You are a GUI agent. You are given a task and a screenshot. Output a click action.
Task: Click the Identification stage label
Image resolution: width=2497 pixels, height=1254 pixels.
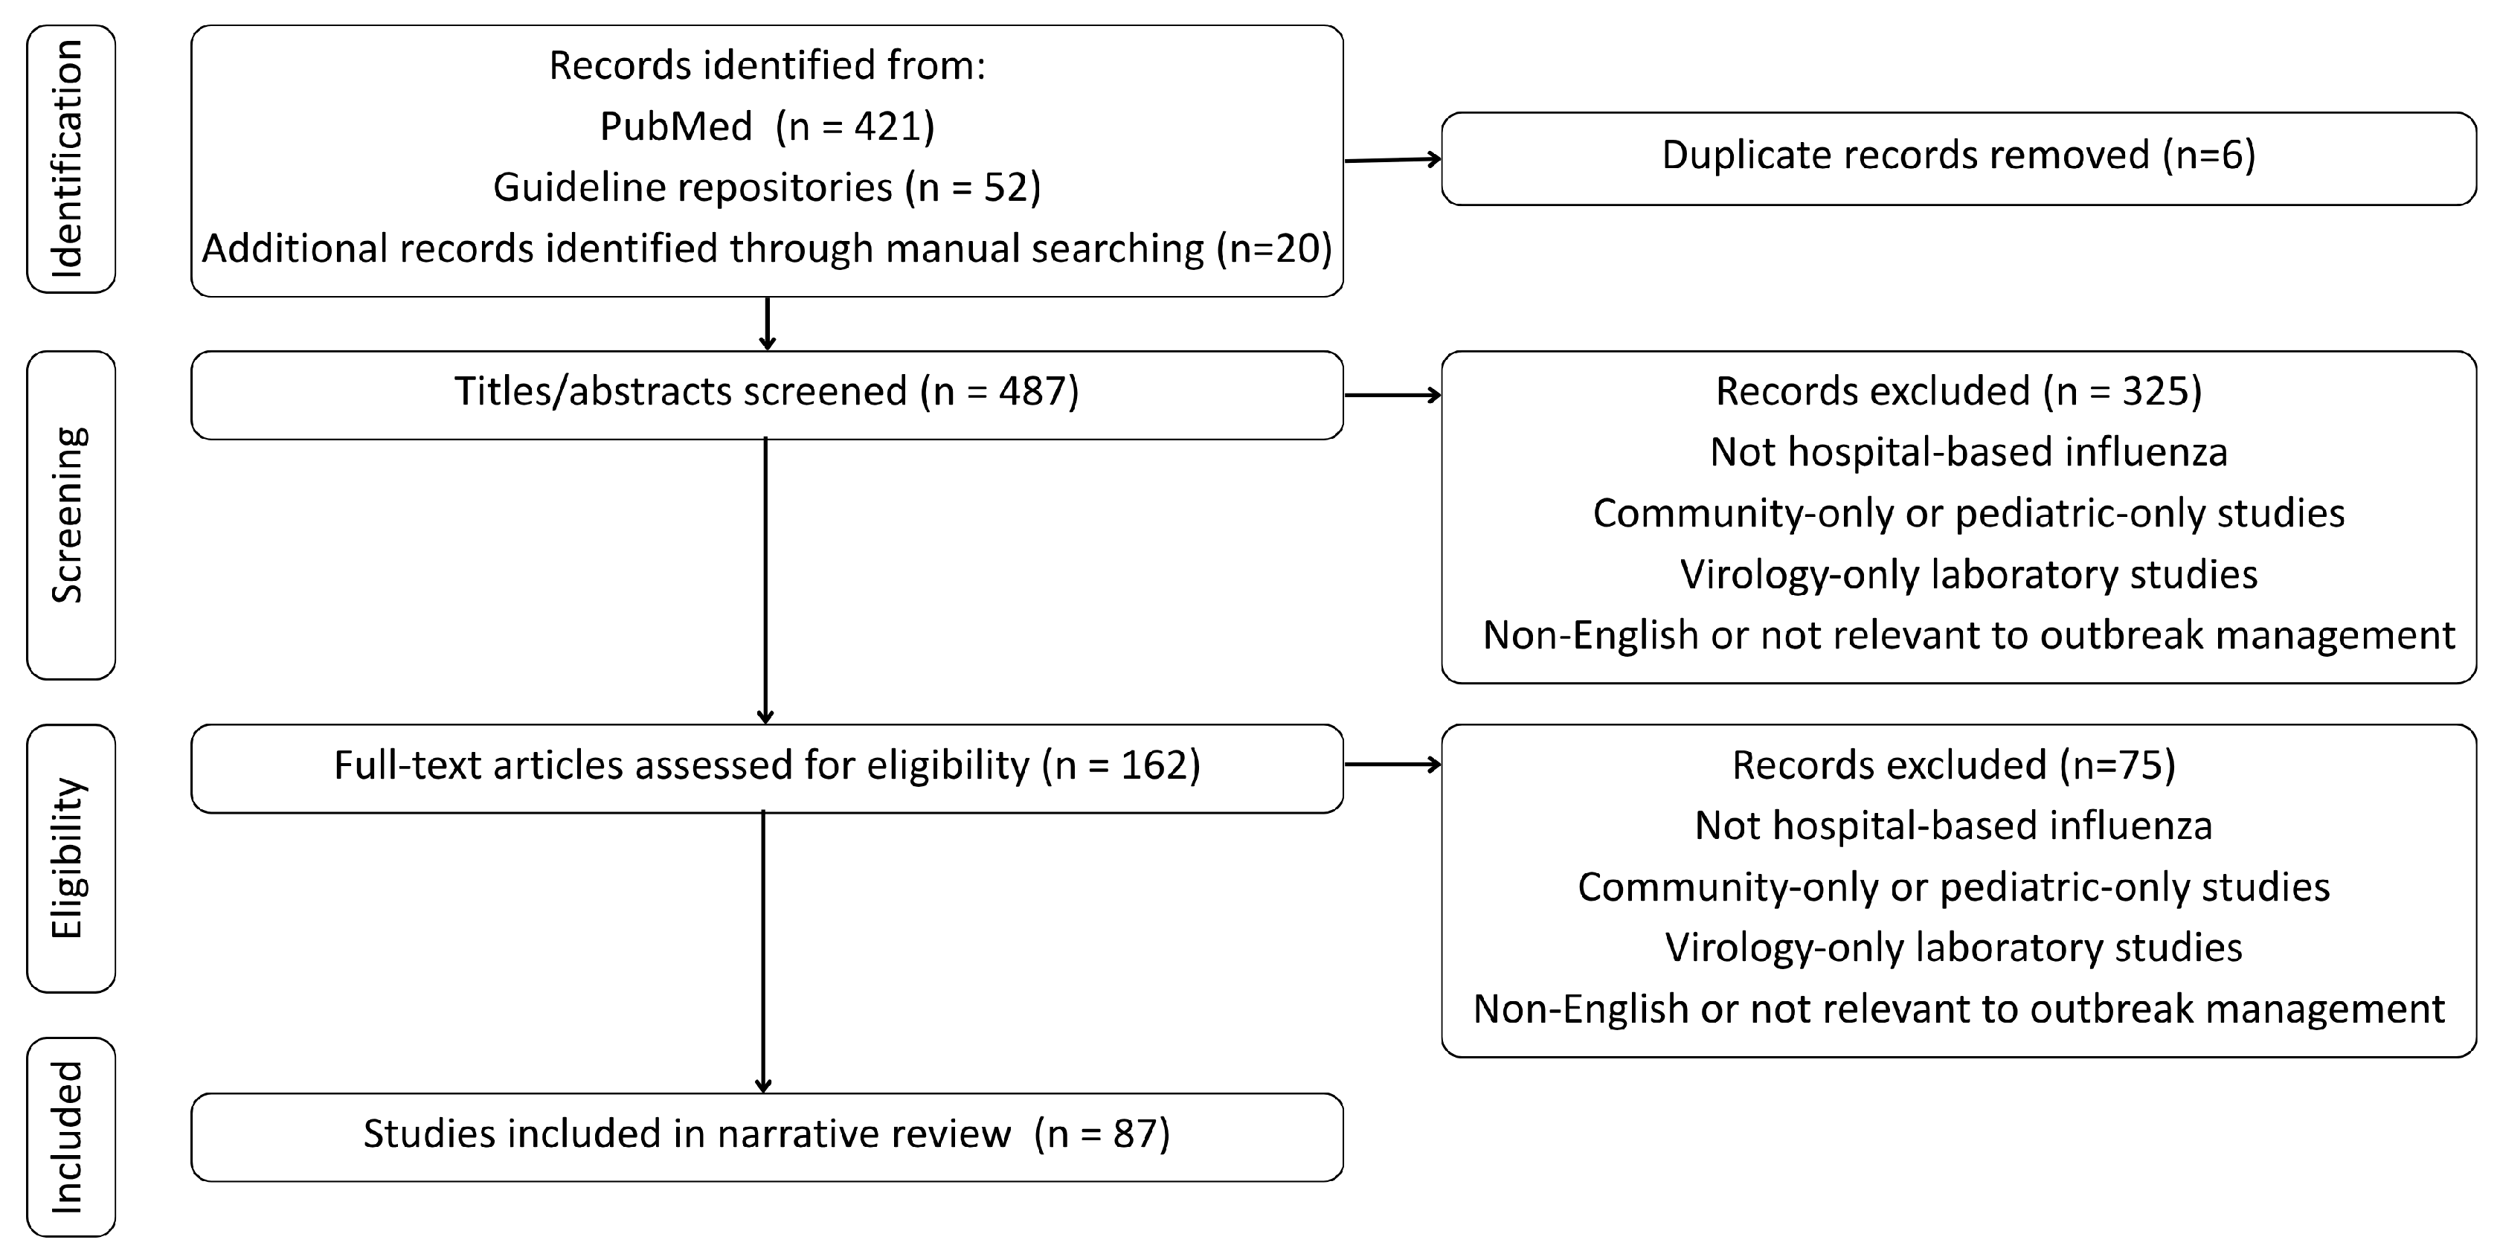[70, 159]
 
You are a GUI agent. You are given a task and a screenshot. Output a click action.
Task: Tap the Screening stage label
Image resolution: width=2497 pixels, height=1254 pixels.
[70, 515]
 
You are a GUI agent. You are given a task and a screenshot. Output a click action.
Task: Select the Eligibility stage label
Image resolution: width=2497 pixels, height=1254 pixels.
[70, 858]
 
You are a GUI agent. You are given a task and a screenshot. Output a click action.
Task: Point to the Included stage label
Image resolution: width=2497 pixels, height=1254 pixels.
[70, 1136]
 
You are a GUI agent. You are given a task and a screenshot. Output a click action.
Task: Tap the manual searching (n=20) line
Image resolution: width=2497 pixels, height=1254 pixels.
[767, 249]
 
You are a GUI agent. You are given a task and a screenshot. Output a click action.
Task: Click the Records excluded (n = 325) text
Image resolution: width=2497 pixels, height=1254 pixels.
[1958, 391]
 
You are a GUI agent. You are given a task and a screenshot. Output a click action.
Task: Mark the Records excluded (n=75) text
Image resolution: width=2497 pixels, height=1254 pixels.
[1953, 765]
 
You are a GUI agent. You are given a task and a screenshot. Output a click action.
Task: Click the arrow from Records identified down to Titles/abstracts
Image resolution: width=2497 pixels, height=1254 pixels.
[767, 324]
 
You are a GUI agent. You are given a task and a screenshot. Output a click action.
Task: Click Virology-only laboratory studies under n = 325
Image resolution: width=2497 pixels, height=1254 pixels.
[1967, 575]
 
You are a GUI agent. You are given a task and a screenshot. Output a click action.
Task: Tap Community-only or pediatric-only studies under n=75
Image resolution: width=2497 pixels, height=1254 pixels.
[1953, 887]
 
